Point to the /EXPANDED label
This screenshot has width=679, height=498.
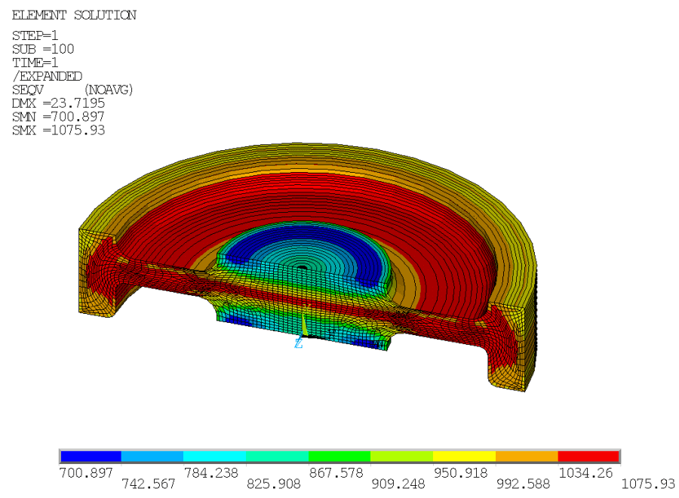coord(48,76)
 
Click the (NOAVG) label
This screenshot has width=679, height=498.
coord(108,90)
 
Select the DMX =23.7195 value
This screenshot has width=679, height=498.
coord(58,103)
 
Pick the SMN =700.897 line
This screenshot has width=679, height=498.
coord(58,117)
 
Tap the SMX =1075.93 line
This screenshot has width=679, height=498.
coord(58,131)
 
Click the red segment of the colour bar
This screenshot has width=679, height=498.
coord(588,456)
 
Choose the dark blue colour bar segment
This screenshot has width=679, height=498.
coord(91,456)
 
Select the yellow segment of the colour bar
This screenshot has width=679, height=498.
coord(464,456)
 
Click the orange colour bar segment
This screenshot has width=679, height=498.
coord(526,456)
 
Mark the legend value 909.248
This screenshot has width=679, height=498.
coord(401,484)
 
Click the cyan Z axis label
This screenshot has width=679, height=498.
coord(299,343)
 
